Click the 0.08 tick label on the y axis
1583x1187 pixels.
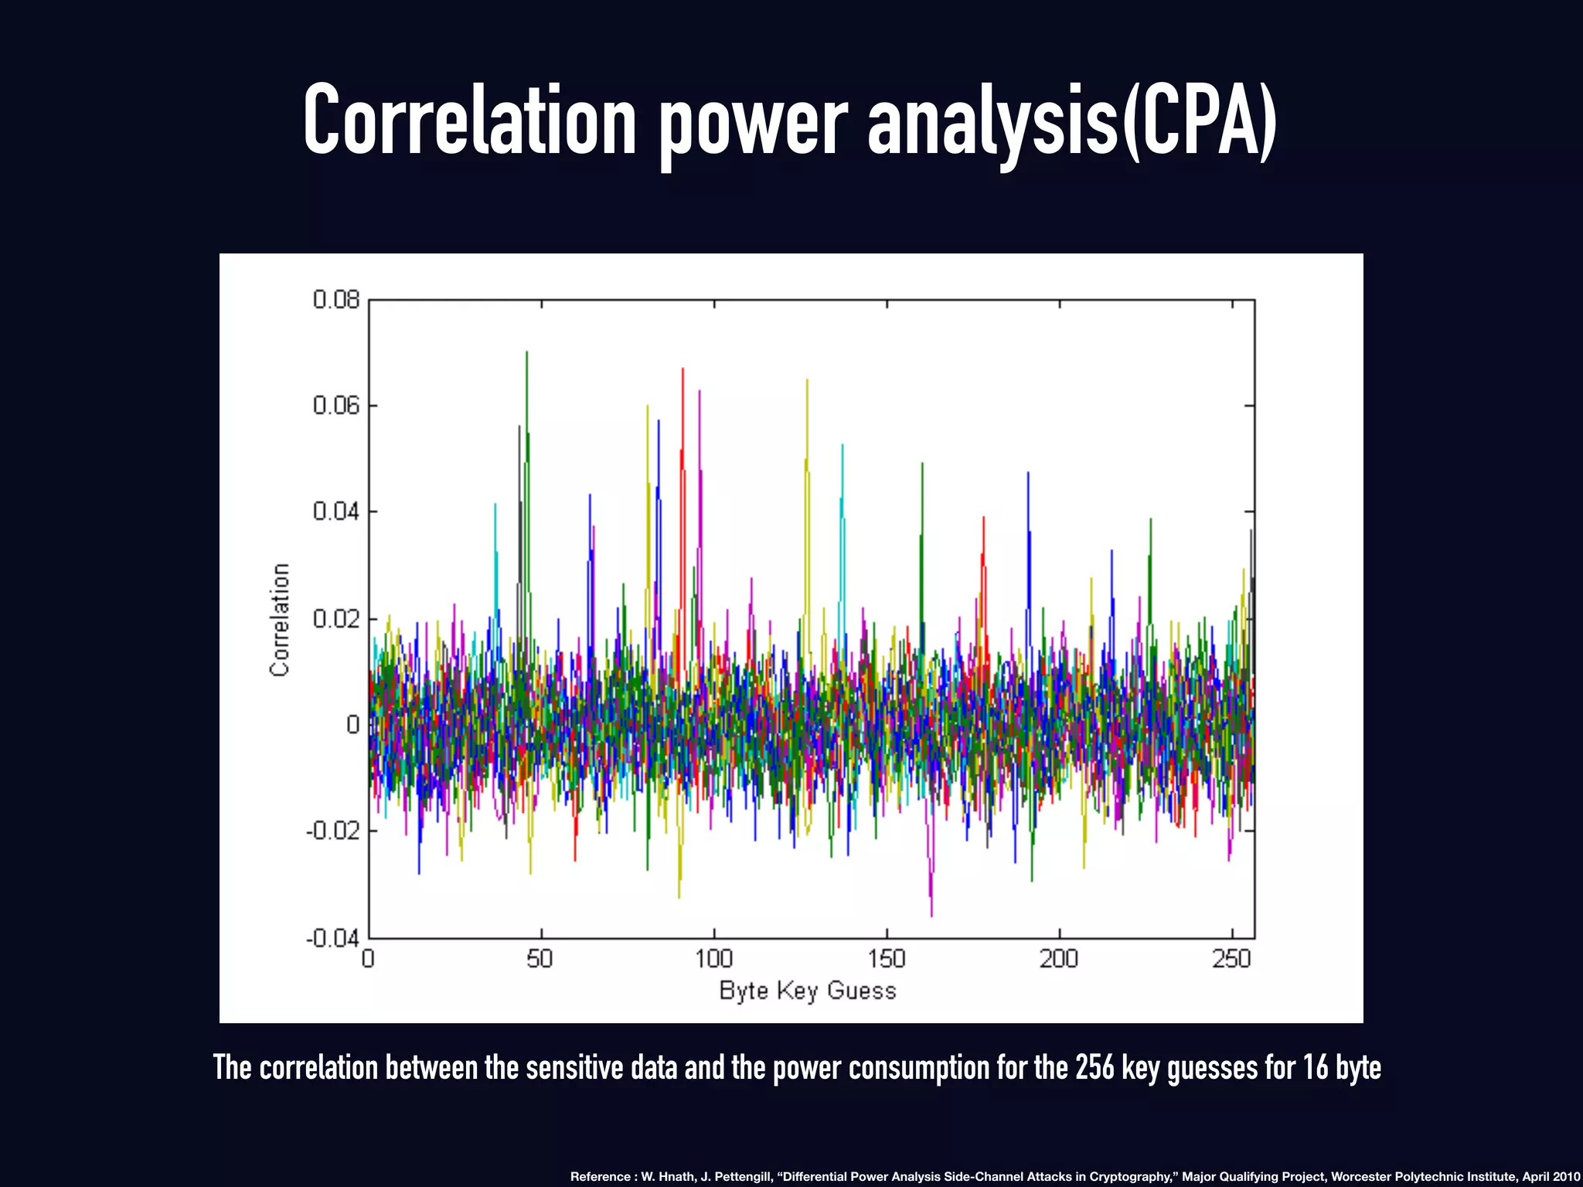point(336,300)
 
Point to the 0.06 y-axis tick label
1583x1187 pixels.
point(336,406)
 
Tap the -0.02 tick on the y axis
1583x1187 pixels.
point(332,832)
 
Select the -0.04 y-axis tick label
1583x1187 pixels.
point(332,938)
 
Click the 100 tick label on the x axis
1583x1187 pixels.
point(713,959)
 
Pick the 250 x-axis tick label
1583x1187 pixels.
point(1231,959)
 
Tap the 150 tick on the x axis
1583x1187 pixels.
point(886,959)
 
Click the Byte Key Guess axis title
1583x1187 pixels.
point(808,991)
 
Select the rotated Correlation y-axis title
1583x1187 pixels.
point(280,620)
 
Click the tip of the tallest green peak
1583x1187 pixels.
point(526,352)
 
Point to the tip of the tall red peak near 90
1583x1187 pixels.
point(683,369)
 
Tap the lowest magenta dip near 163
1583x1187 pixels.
point(931,915)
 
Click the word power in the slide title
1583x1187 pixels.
point(753,122)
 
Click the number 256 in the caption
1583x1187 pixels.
point(1095,1067)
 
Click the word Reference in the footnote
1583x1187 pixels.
point(600,1176)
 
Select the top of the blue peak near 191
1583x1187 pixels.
point(1028,473)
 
